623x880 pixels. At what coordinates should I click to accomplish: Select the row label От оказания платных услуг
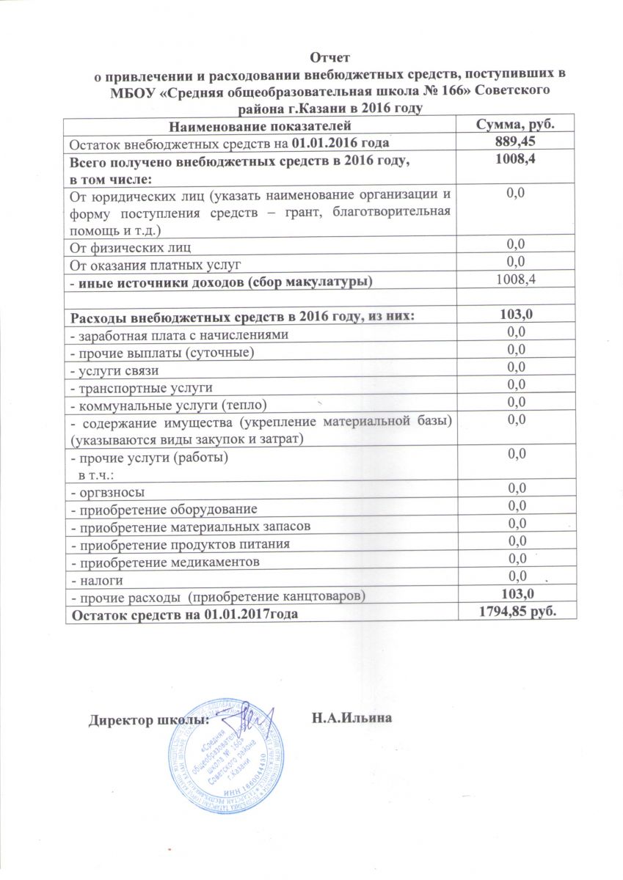click(x=155, y=262)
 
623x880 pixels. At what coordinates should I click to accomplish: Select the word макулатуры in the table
click(x=321, y=280)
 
